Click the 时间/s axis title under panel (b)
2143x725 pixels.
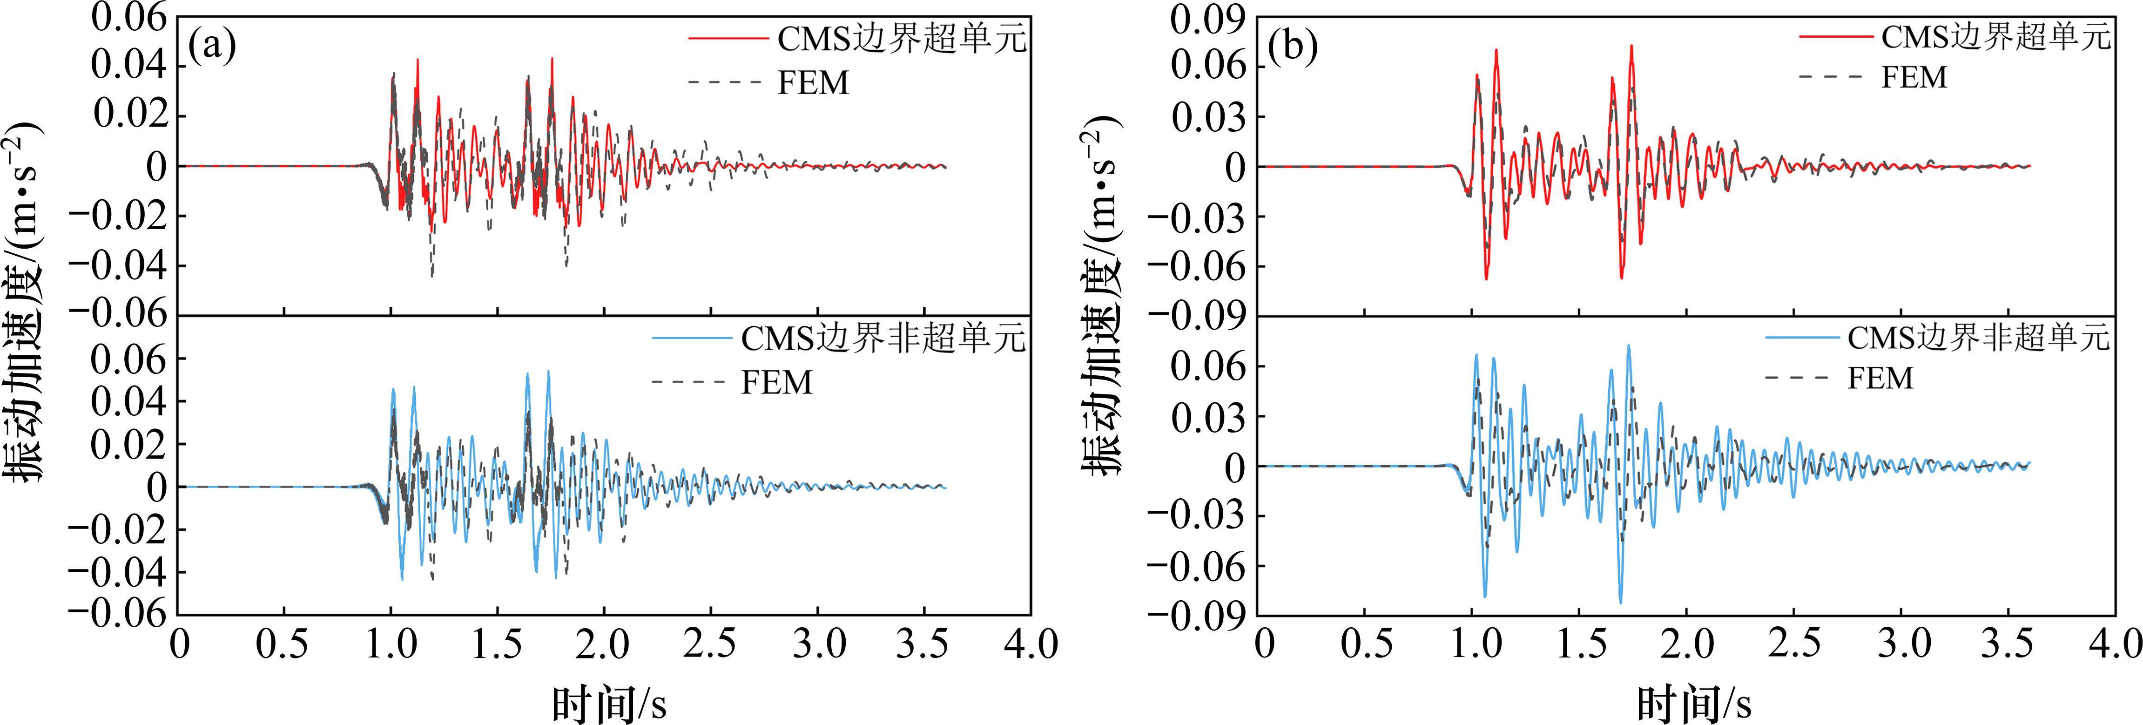coord(1694,704)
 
